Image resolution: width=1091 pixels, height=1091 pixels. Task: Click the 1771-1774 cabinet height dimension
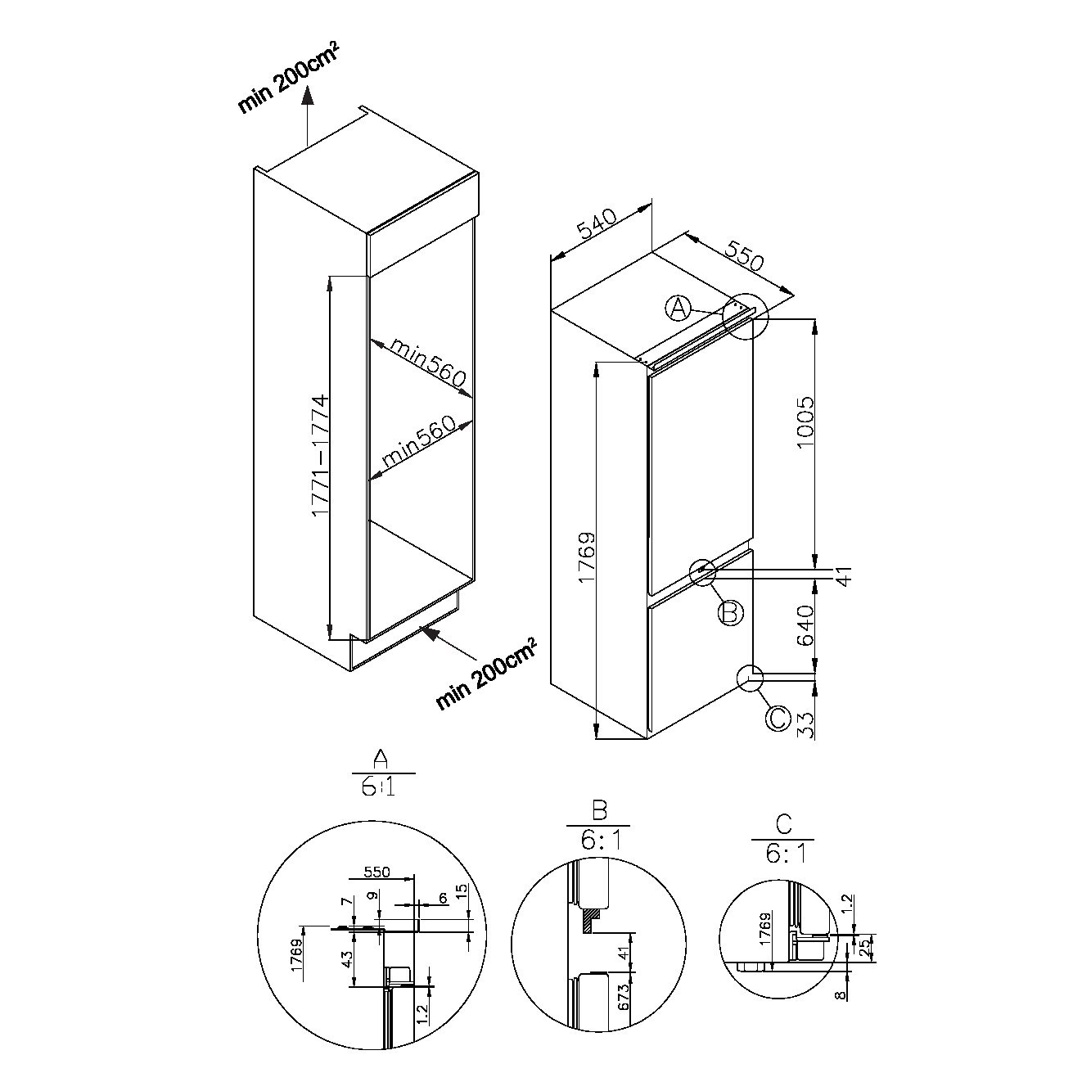pos(321,457)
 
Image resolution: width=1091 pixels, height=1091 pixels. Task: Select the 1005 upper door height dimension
pos(805,422)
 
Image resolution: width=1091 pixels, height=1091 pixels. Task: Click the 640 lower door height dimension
pos(805,625)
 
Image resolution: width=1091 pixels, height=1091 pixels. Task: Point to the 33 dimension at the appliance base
pos(805,725)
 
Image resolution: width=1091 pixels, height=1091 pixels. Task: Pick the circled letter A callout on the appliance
pos(678,309)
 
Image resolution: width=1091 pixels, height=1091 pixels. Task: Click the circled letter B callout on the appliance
pos(730,612)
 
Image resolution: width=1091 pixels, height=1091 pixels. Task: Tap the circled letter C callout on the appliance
pos(778,719)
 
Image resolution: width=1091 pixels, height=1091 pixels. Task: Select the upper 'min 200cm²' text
pos(289,80)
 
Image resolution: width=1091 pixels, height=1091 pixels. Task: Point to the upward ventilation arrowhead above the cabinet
pos(307,96)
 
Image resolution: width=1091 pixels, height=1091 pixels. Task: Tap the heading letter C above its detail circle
pos(783,824)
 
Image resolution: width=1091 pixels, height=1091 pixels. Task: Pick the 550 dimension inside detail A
pos(377,872)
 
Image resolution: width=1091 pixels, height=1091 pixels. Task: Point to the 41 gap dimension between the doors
pos(844,577)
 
